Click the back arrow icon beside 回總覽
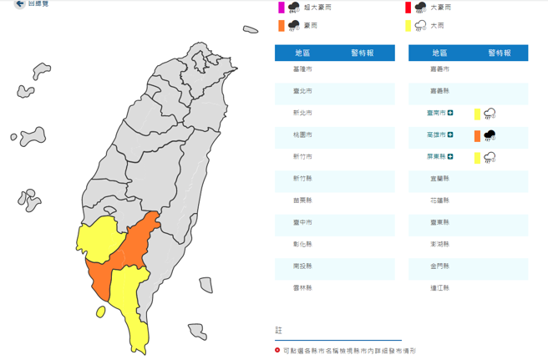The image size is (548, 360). point(19,4)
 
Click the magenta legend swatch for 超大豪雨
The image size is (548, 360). point(282,8)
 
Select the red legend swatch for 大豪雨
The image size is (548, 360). point(408,8)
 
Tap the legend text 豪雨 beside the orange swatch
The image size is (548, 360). point(310,26)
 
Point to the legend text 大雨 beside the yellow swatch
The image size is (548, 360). point(437,26)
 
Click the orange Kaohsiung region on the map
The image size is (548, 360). point(125,251)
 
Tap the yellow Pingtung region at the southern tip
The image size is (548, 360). point(134,309)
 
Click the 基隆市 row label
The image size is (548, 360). point(302,69)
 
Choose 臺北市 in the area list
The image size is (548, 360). point(302,91)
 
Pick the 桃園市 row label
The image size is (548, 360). point(302,134)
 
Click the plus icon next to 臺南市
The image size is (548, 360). point(450,113)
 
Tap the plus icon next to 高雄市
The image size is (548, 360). point(450,134)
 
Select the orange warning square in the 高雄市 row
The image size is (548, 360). point(477,135)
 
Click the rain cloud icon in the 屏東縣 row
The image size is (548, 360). point(490,157)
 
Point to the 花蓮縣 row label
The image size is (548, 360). point(439,200)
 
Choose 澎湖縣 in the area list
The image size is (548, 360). point(439,244)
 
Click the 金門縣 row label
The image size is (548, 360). point(439,266)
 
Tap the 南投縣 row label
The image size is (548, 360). point(302,266)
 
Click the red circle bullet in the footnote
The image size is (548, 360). point(278,351)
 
